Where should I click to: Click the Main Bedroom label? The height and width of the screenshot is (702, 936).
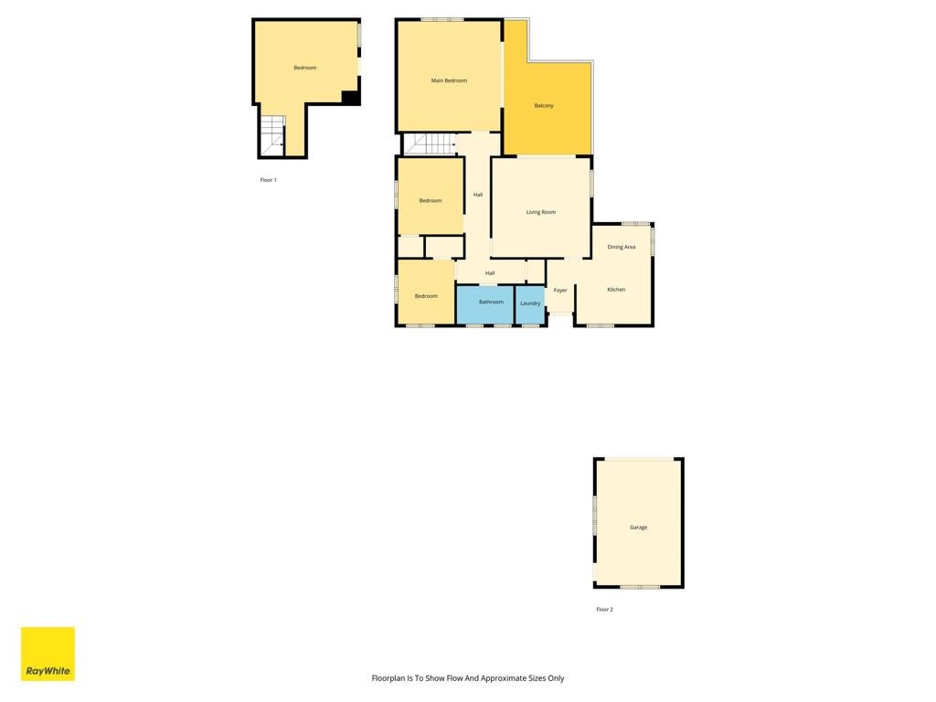449,80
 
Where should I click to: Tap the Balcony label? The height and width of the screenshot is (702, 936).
544,106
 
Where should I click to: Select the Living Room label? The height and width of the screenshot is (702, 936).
541,212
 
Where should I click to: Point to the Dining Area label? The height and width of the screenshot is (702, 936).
622,247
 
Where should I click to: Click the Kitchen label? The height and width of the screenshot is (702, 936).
616,290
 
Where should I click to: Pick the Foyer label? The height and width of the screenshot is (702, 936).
560,290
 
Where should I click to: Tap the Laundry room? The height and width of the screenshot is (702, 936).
530,305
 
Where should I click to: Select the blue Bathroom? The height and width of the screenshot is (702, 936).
485,305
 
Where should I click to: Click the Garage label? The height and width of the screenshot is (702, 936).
639,527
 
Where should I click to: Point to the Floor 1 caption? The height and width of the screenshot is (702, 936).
269,180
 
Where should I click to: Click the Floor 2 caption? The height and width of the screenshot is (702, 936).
605,610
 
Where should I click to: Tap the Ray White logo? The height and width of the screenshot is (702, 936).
48,654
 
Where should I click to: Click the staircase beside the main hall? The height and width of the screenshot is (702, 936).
430,144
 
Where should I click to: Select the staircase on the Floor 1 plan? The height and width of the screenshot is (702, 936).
272,136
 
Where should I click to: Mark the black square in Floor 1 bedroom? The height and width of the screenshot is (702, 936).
350,97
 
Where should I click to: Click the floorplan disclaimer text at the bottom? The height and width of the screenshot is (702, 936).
468,678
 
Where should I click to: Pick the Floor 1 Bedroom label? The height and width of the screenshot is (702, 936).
305,68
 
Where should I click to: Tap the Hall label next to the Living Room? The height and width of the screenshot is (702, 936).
478,195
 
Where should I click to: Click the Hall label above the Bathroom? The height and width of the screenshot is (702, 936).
490,273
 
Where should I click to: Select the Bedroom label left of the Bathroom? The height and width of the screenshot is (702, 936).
426,296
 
